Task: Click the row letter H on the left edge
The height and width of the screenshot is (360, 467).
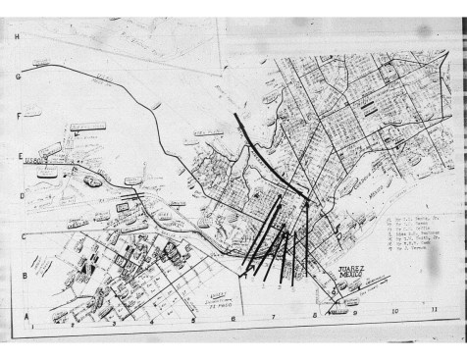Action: point(18,35)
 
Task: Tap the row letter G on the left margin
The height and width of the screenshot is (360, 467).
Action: point(18,75)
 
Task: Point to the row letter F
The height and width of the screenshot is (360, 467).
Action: point(18,115)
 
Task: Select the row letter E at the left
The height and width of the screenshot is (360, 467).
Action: point(18,155)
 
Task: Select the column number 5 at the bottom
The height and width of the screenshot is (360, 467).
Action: point(193,320)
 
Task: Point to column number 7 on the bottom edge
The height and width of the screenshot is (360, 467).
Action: point(274,318)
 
